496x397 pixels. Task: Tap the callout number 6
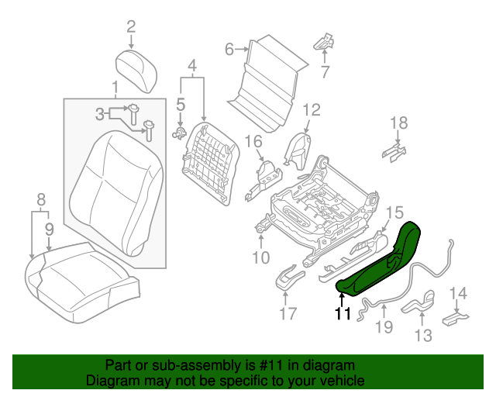[229, 50]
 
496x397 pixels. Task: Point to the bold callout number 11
[343, 313]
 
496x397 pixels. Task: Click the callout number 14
[459, 292]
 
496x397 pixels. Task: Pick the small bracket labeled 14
[455, 318]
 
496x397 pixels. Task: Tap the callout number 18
[398, 122]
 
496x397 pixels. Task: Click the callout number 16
[254, 140]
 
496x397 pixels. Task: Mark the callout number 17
[288, 314]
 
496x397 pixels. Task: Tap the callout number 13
[423, 335]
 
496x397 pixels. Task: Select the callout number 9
[49, 229]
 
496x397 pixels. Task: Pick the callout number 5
[180, 103]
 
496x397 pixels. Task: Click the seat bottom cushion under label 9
[77, 279]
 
